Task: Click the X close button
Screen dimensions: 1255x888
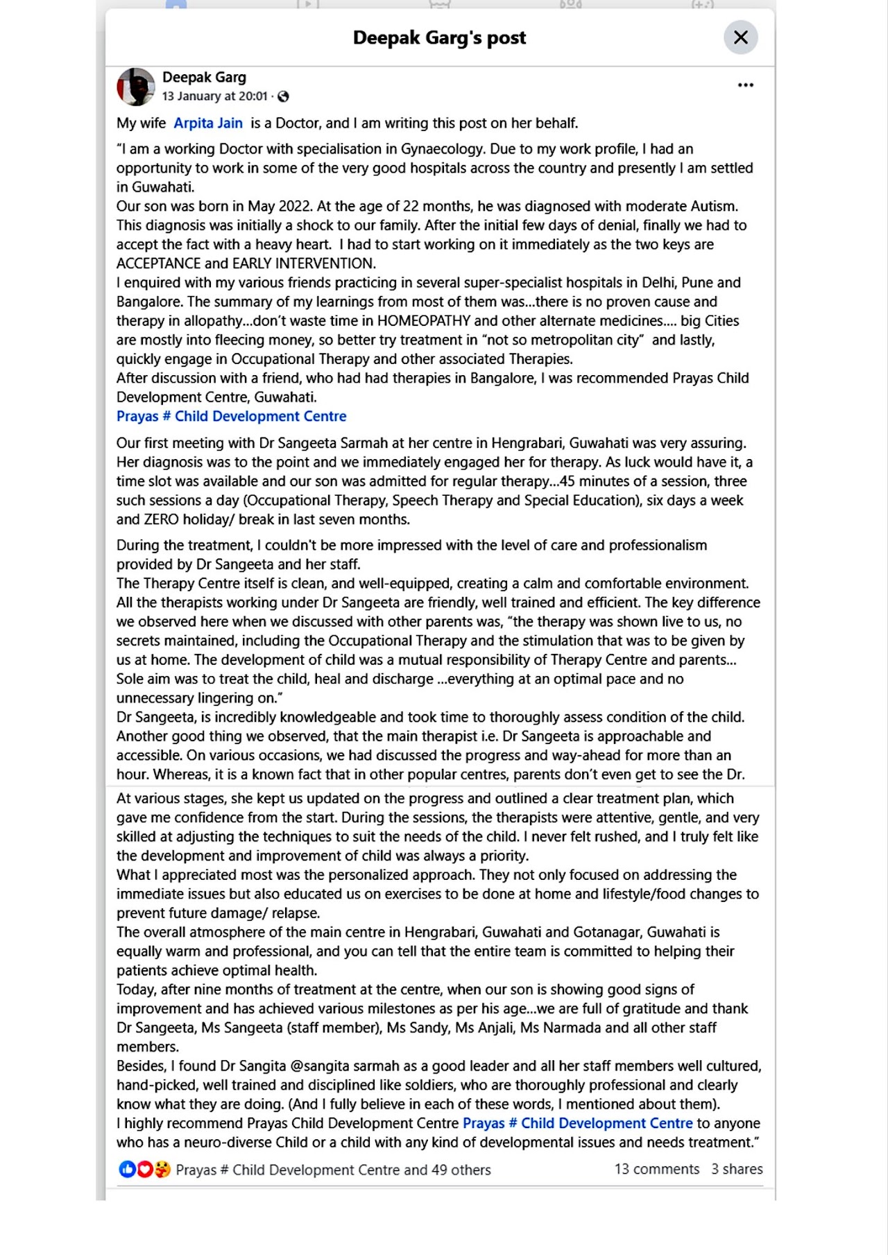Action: click(740, 37)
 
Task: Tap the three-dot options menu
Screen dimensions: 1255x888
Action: click(745, 85)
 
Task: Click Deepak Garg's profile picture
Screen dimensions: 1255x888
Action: click(135, 87)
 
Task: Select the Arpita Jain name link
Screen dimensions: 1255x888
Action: click(207, 123)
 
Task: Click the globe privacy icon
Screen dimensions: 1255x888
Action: click(283, 96)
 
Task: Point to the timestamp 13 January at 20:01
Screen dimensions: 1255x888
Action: click(214, 96)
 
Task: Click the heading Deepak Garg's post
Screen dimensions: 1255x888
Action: click(439, 37)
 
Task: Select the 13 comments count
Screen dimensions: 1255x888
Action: click(656, 1169)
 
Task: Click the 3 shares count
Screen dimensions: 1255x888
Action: click(736, 1169)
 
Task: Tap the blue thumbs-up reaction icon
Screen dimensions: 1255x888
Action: click(127, 1170)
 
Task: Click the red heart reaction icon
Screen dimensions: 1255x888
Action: click(144, 1170)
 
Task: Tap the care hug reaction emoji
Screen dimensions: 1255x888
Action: click(162, 1170)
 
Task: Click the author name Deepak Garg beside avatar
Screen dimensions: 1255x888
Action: click(204, 78)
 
